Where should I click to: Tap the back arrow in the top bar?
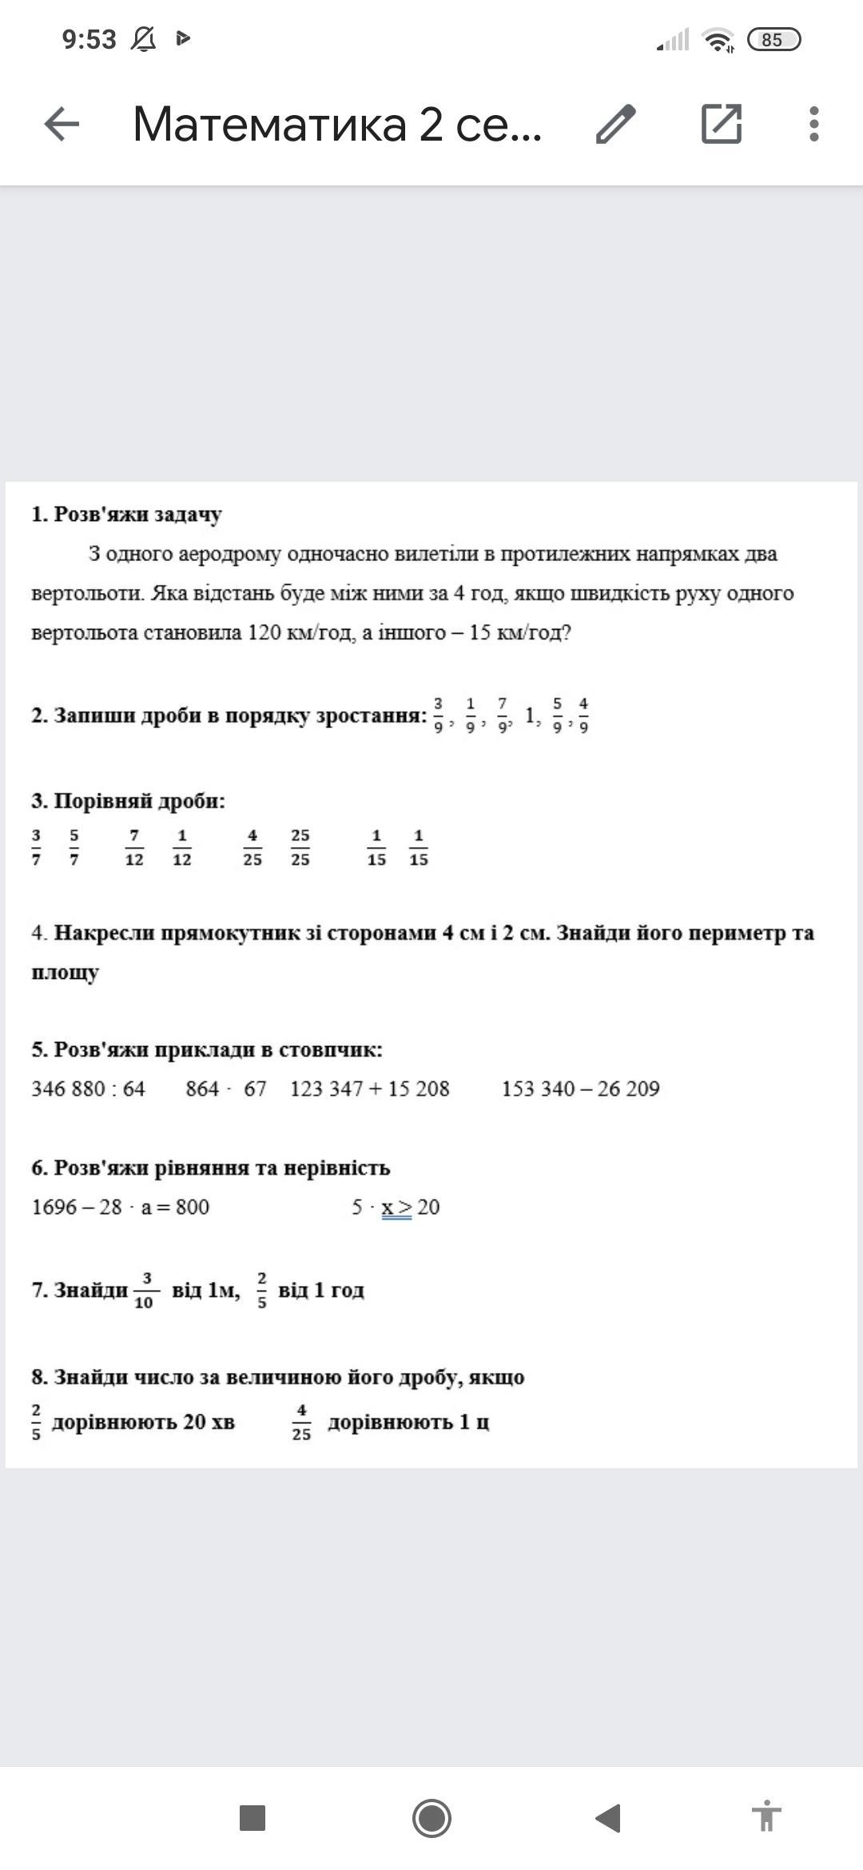62,124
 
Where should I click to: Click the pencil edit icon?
615,124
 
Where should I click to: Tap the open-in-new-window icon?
721,124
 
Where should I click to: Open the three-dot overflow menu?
813,124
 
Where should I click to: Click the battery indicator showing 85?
773,39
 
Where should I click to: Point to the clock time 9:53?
89,39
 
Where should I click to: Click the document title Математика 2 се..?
336,124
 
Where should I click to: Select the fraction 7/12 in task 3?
134,847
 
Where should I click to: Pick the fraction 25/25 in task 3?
300,847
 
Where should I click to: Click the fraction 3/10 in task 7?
145,1290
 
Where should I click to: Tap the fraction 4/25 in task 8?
301,1422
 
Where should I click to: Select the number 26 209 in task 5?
628,1088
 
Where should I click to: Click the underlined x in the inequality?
388,1207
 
